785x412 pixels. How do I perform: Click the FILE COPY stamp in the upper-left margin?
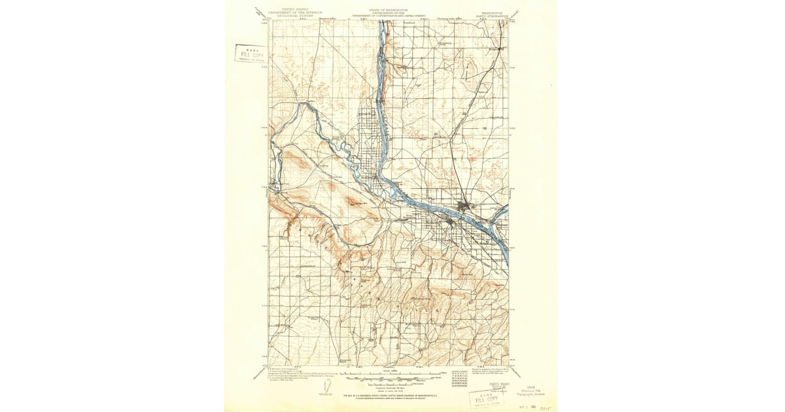250,53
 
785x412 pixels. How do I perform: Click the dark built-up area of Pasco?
466,209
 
